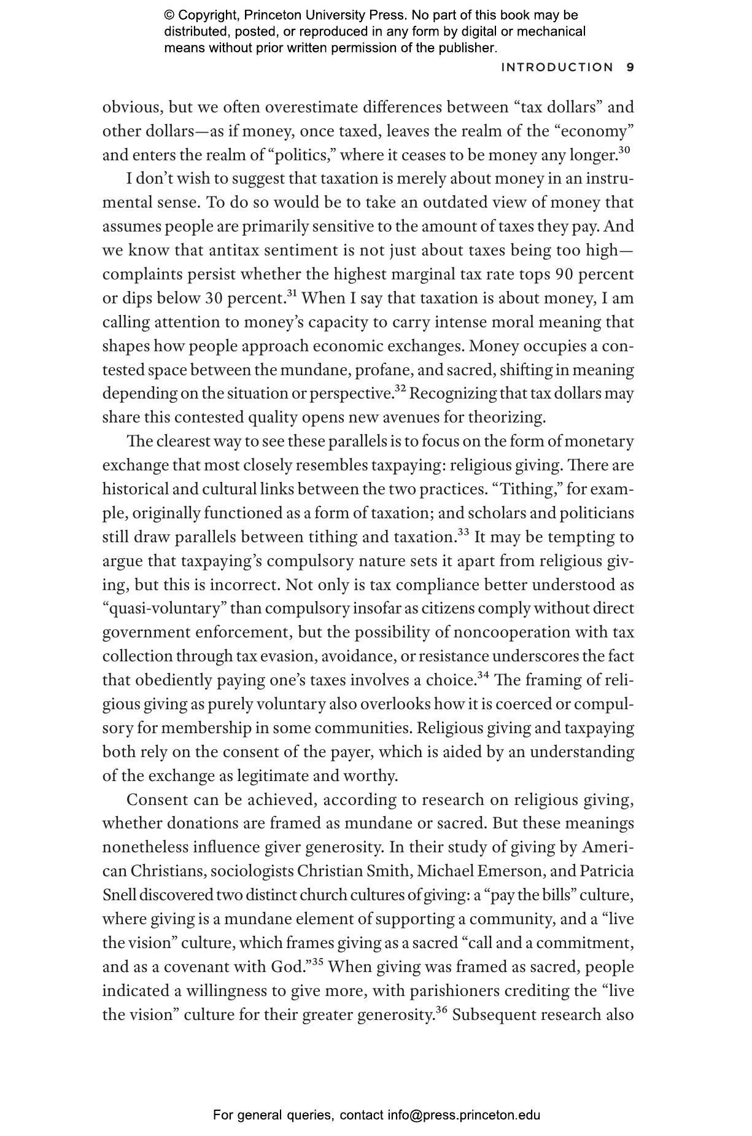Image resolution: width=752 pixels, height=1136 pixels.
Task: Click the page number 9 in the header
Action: click(x=630, y=68)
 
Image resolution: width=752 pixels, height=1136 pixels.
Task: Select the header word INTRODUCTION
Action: click(x=557, y=68)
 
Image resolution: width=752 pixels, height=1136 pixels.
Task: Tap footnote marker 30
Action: click(x=624, y=150)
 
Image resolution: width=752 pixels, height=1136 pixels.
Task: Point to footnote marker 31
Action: click(x=292, y=294)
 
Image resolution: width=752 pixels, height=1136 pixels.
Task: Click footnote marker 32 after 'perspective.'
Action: click(x=400, y=389)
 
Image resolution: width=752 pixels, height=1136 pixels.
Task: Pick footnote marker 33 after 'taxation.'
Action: click(x=463, y=532)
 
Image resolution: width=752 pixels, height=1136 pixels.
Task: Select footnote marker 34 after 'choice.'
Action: click(x=483, y=675)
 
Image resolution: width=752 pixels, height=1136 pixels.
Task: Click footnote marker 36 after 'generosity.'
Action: click(x=442, y=1010)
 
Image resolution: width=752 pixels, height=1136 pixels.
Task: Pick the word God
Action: click(x=286, y=967)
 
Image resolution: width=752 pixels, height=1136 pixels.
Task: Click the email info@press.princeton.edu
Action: click(x=463, y=1115)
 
